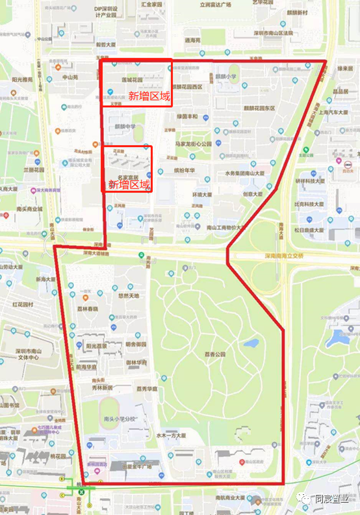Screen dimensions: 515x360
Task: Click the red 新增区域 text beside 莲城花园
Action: (149, 98)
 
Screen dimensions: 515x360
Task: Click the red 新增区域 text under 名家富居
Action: (129, 185)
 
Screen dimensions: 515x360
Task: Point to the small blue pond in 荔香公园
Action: (251, 342)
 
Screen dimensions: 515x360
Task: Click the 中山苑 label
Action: (70, 77)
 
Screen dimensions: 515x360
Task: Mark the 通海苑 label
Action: (194, 40)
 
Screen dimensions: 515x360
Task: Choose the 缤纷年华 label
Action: (186, 170)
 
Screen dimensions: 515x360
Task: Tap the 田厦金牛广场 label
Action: (127, 467)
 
